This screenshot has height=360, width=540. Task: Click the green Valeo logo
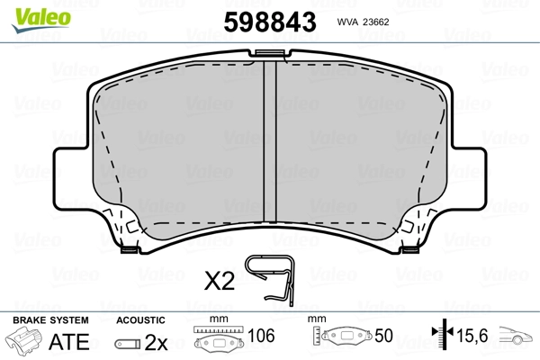click(x=41, y=19)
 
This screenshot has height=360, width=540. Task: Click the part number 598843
click(x=270, y=22)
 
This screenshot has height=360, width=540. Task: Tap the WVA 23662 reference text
click(x=363, y=22)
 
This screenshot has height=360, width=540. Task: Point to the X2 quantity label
click(x=220, y=281)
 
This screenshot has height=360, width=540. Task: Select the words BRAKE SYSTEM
click(x=50, y=320)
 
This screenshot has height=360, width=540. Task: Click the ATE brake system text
click(x=69, y=341)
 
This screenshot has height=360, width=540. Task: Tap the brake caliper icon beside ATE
click(x=23, y=339)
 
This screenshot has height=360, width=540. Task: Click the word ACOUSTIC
click(x=140, y=320)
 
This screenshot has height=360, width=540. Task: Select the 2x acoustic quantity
click(x=156, y=342)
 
